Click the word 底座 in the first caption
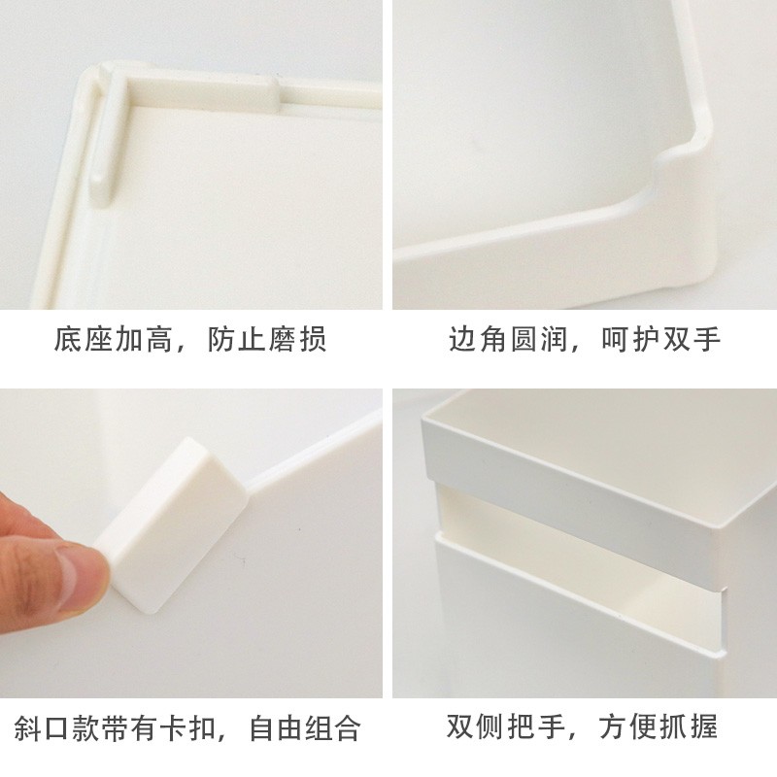pos(84,339)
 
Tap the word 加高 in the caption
pos(144,339)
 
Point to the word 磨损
pos(297,339)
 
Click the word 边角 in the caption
pos(478,339)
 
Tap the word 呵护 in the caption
pos(630,339)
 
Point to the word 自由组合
pos(305,727)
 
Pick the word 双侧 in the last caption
pos(476,726)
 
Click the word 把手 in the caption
pos(536,726)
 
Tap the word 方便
pos(628,726)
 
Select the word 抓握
pos(689,726)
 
